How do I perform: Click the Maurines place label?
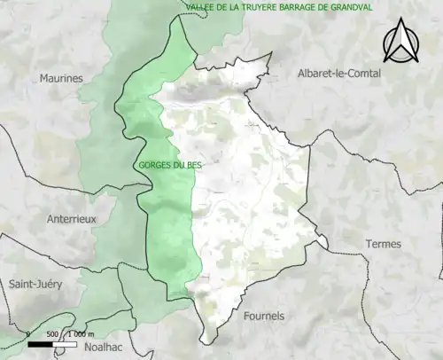coord(60,78)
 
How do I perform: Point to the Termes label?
coord(383,244)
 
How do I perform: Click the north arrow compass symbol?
coord(400,42)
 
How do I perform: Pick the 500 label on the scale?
coord(51,334)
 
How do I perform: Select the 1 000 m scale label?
coord(81,334)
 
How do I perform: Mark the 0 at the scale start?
coord(28,334)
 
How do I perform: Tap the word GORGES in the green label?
coord(152,166)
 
